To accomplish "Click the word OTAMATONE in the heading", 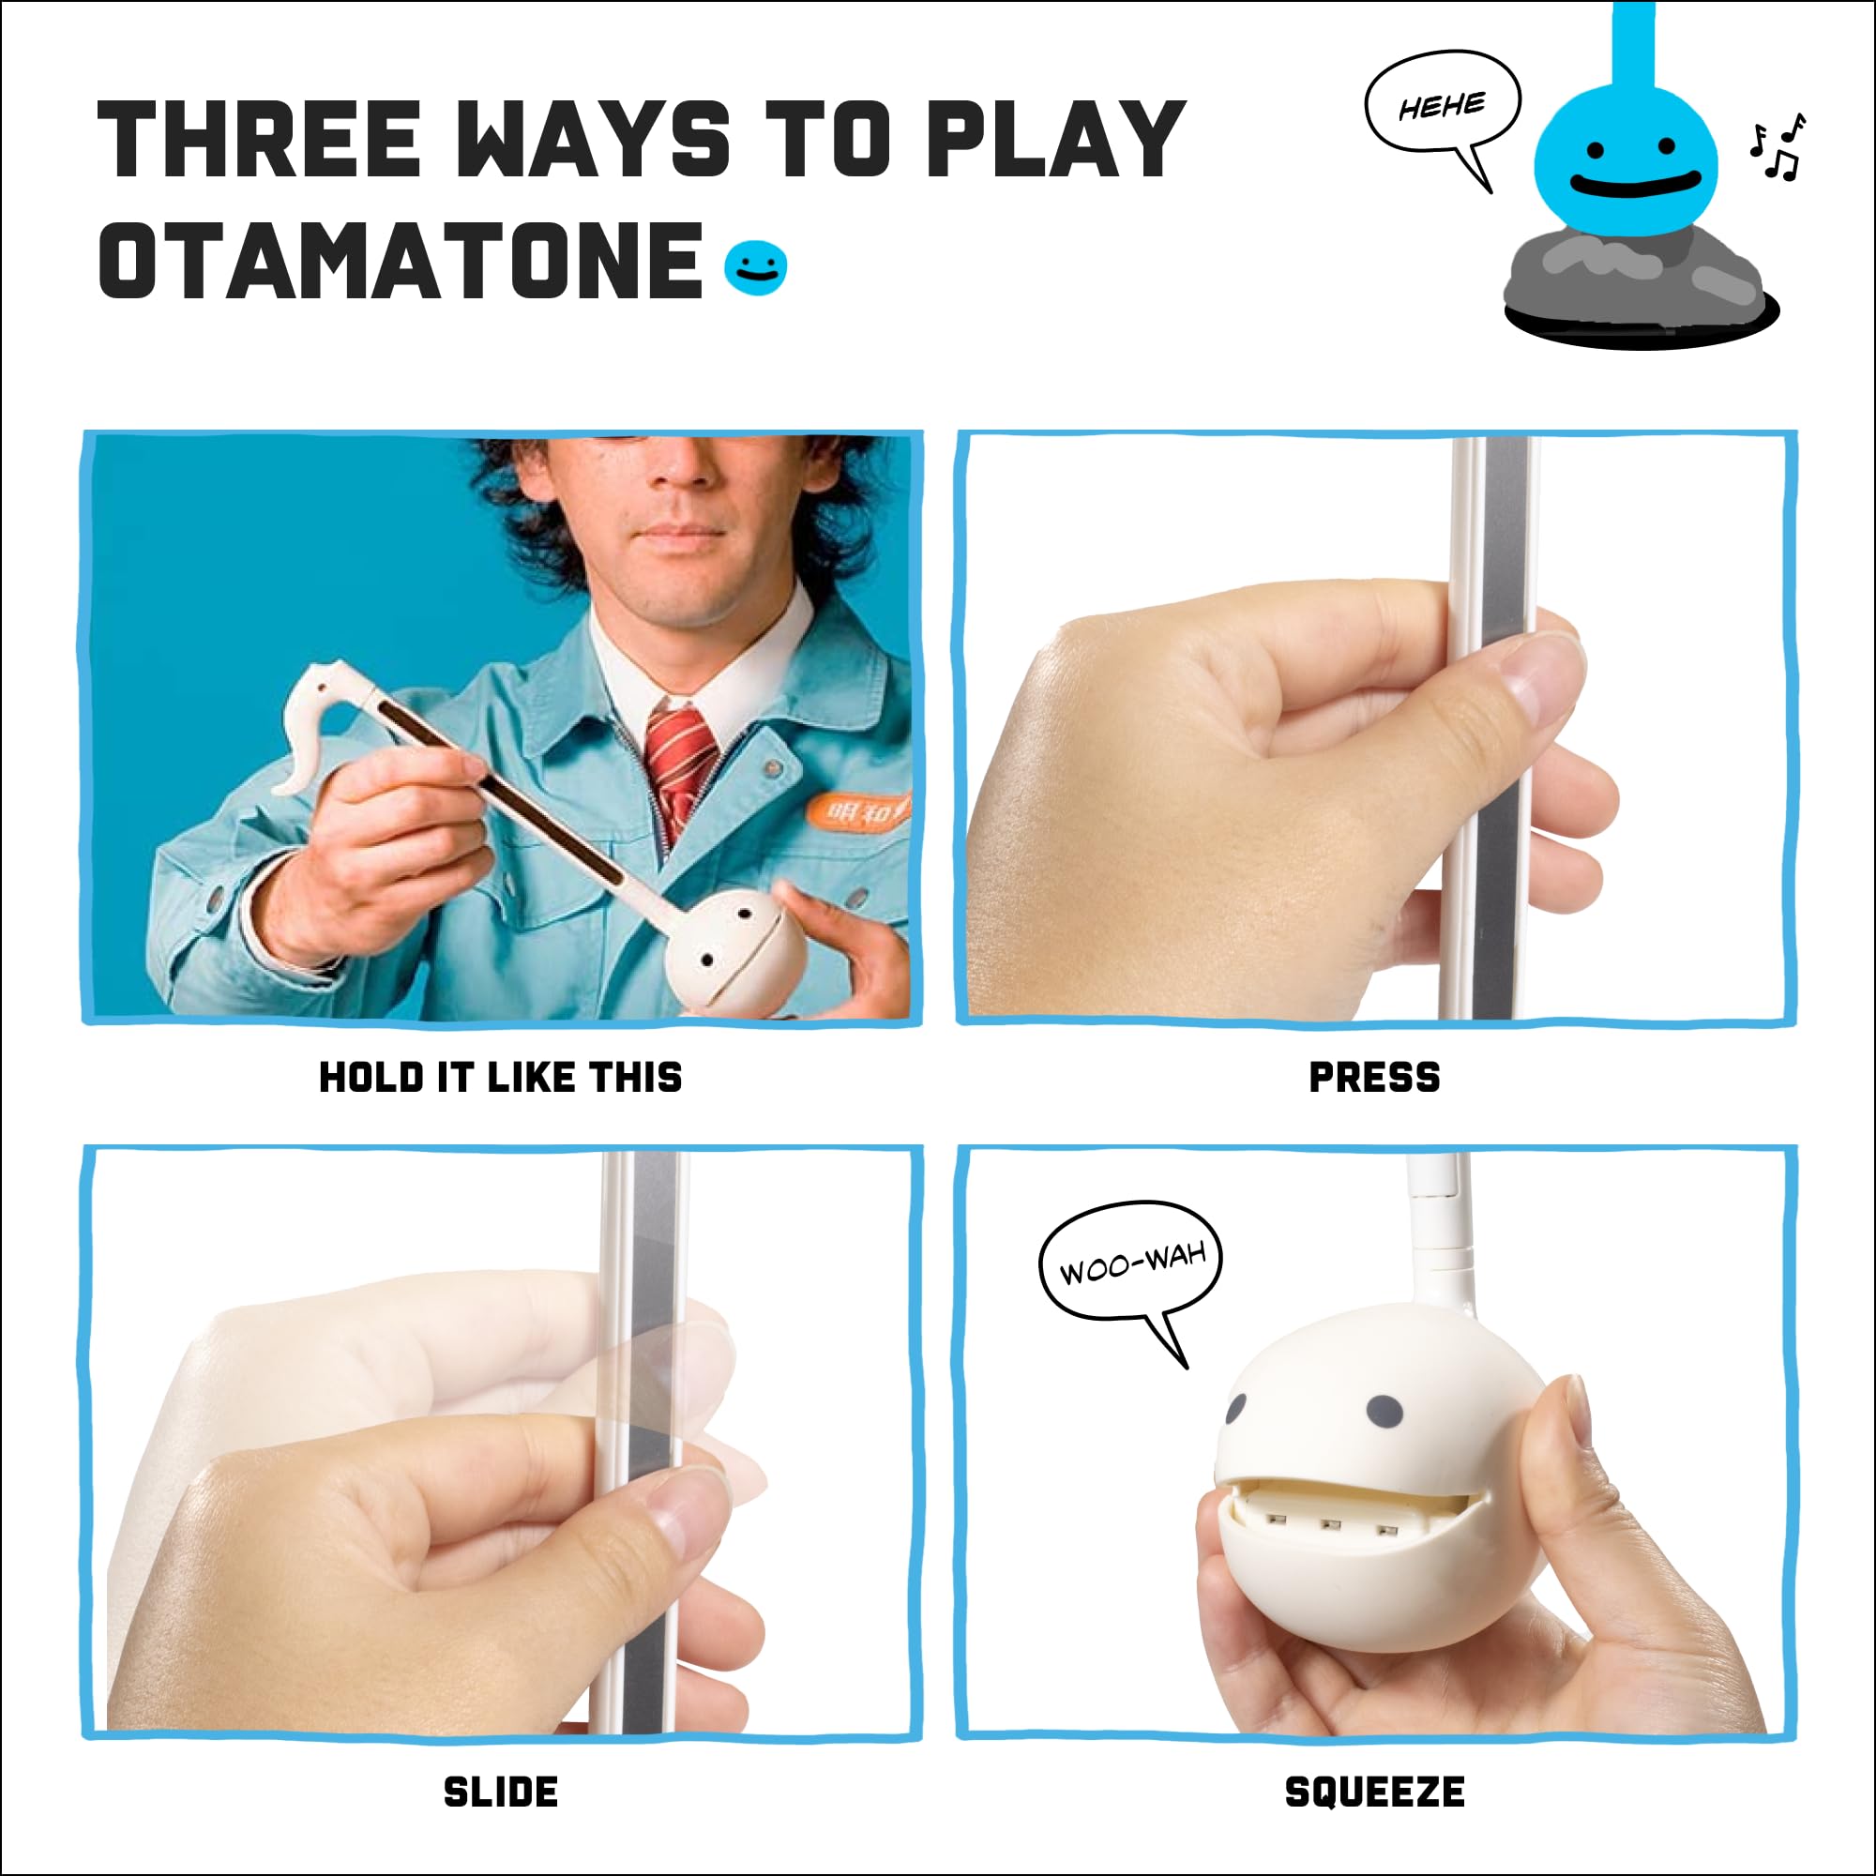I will click(x=401, y=260).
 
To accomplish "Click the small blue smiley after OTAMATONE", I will click(x=755, y=267).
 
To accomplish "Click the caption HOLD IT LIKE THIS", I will click(x=500, y=1077).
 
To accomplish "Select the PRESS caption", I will click(x=1374, y=1077).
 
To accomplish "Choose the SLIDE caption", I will click(x=500, y=1792).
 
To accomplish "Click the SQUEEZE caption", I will click(x=1374, y=1792).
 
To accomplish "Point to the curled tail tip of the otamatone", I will click(x=292, y=777).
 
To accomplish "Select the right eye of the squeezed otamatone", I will click(x=1384, y=1414).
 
